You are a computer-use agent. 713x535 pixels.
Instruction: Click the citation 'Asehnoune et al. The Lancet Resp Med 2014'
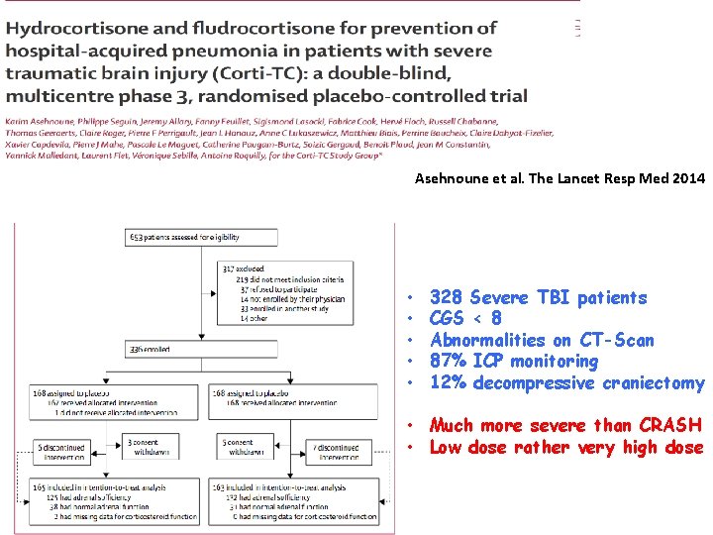coord(560,179)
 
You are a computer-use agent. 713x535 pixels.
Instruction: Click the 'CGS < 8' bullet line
coord(465,319)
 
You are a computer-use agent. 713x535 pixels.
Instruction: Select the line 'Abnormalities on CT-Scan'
coord(542,341)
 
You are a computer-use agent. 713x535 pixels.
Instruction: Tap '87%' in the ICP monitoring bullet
coord(449,362)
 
